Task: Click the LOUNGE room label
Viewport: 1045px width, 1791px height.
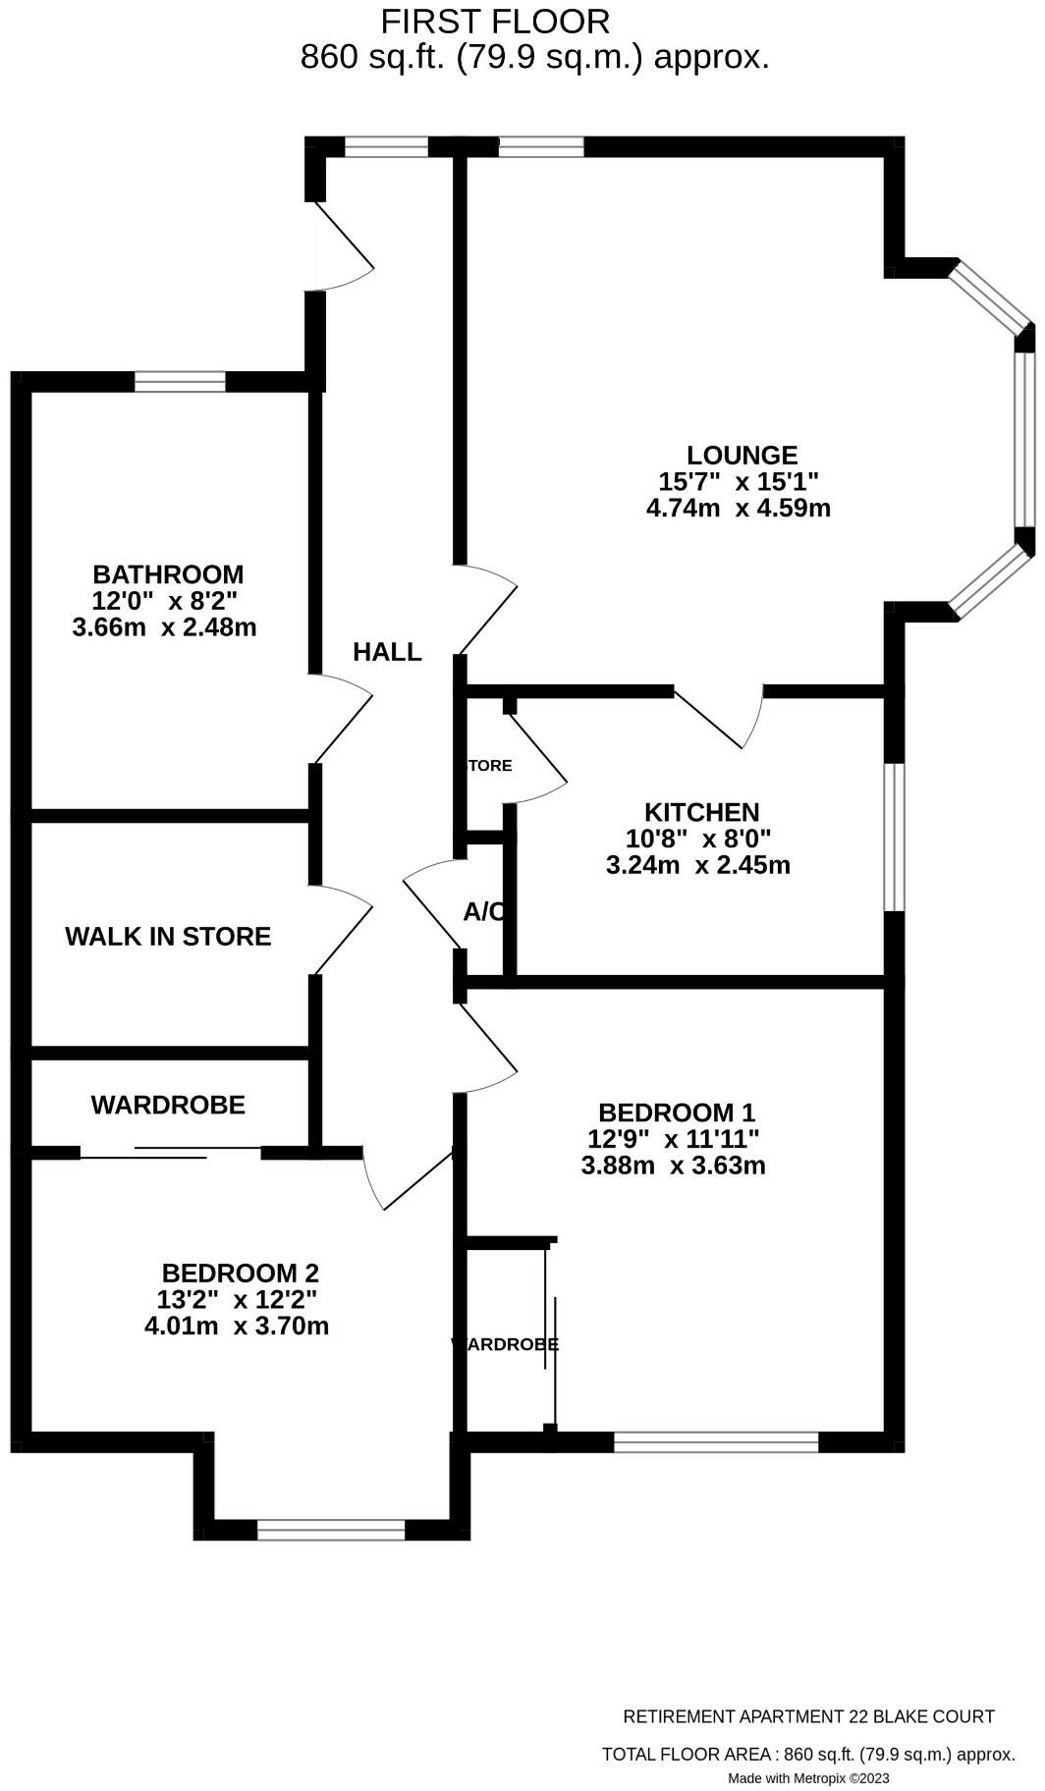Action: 742,456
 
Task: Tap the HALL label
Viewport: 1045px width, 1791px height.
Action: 387,652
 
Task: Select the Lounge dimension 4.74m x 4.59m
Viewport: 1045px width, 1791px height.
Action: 739,509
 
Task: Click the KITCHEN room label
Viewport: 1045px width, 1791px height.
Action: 701,813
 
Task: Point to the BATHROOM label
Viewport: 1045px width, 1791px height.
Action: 168,574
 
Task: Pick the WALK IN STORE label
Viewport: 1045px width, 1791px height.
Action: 168,937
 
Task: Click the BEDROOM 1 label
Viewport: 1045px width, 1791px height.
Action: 677,1113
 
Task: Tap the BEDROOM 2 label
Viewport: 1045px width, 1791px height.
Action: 241,1274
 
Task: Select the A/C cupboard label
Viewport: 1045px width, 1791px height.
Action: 484,912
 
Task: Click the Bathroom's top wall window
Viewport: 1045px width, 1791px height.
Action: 180,381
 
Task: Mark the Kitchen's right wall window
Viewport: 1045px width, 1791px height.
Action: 893,837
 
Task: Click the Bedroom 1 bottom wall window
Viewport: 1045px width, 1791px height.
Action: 716,1441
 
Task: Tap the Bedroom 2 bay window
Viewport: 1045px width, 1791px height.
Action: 331,1530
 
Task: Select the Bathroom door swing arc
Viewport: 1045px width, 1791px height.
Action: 344,717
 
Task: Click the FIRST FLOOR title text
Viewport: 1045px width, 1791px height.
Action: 495,21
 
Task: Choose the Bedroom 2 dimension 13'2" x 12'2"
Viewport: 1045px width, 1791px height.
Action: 237,1300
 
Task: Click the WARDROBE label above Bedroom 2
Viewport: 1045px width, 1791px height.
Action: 168,1106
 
